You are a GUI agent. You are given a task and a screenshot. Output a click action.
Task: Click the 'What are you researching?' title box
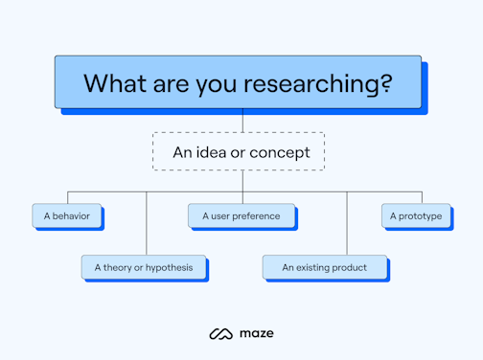point(238,82)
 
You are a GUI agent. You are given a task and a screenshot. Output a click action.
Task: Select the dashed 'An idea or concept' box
point(238,151)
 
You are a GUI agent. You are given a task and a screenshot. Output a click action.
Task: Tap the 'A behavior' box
point(65,216)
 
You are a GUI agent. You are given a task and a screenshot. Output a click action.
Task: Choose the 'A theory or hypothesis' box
point(143,267)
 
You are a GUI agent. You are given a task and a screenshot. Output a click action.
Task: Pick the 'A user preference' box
point(241,216)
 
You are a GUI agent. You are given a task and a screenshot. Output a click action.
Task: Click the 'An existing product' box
point(324,267)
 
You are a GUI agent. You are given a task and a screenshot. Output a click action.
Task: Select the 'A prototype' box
point(415,216)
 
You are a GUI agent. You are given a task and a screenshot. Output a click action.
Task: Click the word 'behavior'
point(70,216)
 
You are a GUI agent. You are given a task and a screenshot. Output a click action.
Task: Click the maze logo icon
point(221,333)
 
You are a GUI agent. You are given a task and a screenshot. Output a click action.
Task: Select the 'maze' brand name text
point(257,333)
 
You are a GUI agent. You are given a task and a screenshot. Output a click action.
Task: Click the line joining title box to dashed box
point(242,124)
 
